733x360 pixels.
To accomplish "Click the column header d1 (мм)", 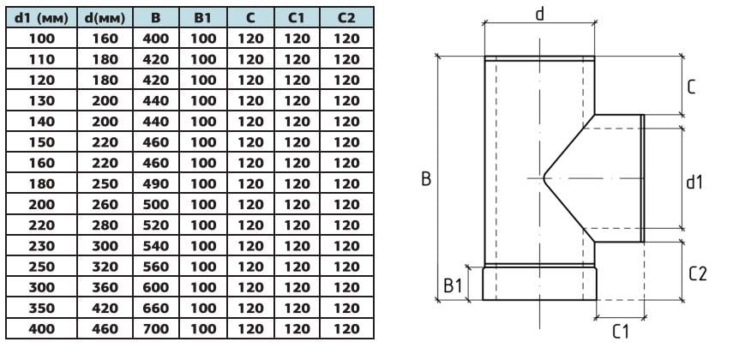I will coord(41,17).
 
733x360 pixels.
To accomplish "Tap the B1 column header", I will coord(203,17).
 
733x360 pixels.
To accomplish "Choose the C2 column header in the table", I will coord(346,17).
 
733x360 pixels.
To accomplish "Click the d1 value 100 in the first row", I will coord(41,38).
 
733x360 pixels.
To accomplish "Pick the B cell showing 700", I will coord(154,327).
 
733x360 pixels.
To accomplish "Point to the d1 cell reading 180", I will coord(41,183).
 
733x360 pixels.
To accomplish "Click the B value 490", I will coord(154,183).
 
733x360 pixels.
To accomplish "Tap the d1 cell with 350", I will coord(41,307).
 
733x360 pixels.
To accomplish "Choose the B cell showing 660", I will coord(154,307).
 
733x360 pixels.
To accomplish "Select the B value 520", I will coord(154,225).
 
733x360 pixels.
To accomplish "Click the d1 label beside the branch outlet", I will coord(694,182).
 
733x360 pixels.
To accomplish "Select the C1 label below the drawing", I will coord(621,333).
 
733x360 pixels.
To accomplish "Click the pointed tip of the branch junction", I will coord(544,177).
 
